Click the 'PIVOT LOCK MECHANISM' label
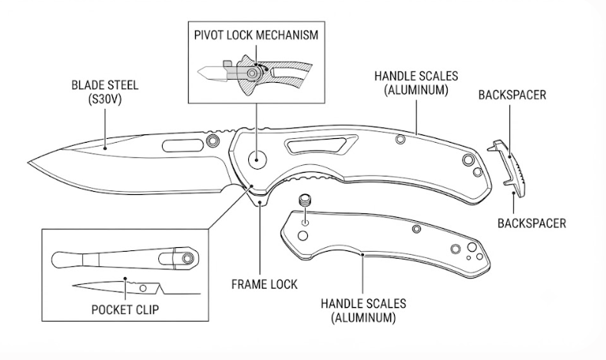257,35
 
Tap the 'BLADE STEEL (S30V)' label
104,92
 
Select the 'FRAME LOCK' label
264,285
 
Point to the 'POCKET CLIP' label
125,309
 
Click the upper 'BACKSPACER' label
512,95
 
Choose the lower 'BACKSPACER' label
531,223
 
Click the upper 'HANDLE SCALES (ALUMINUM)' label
416,83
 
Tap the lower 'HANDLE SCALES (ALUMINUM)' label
363,311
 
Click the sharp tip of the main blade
28,163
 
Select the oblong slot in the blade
183,146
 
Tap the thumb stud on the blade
212,140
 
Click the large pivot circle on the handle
257,159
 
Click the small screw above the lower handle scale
305,200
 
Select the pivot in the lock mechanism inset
253,73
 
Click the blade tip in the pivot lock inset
198,72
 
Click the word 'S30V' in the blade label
104,100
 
